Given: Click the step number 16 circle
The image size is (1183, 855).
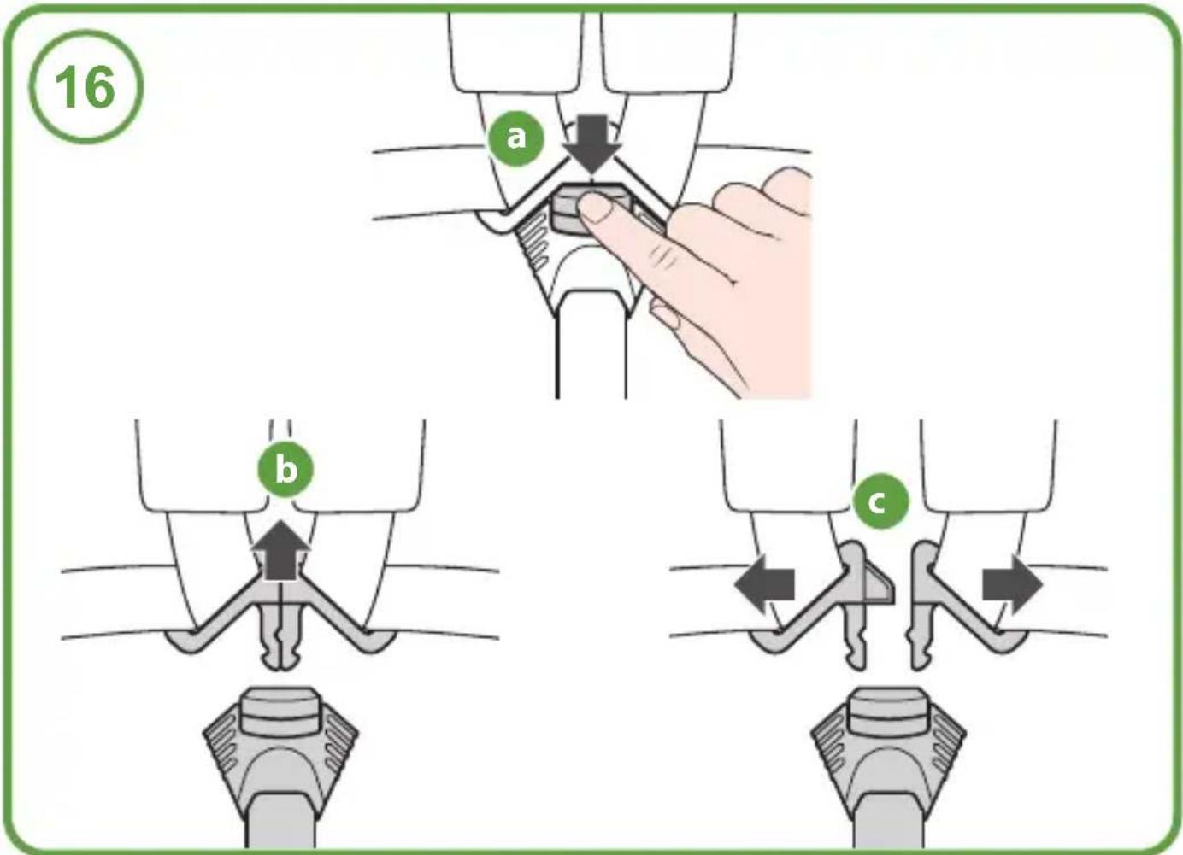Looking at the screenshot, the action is click(85, 86).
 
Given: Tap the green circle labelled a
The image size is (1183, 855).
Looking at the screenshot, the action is click(516, 138).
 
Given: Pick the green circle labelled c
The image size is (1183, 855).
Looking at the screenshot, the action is click(881, 501).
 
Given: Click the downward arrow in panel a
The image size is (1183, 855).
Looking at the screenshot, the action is click(592, 143).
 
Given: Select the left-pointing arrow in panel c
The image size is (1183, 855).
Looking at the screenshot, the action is click(764, 584).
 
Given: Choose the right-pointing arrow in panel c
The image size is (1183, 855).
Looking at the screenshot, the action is click(1012, 584).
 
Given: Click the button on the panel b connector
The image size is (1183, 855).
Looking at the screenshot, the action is click(280, 709).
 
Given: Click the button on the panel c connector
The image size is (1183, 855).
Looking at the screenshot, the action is click(888, 709).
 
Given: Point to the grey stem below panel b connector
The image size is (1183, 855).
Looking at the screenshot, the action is click(280, 820).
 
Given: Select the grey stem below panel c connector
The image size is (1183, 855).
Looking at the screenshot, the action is click(888, 820).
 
